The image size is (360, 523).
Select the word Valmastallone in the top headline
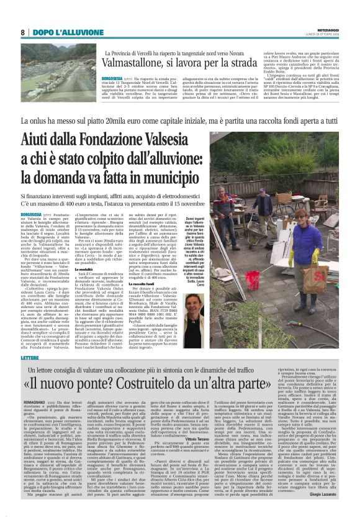tap(137, 62)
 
